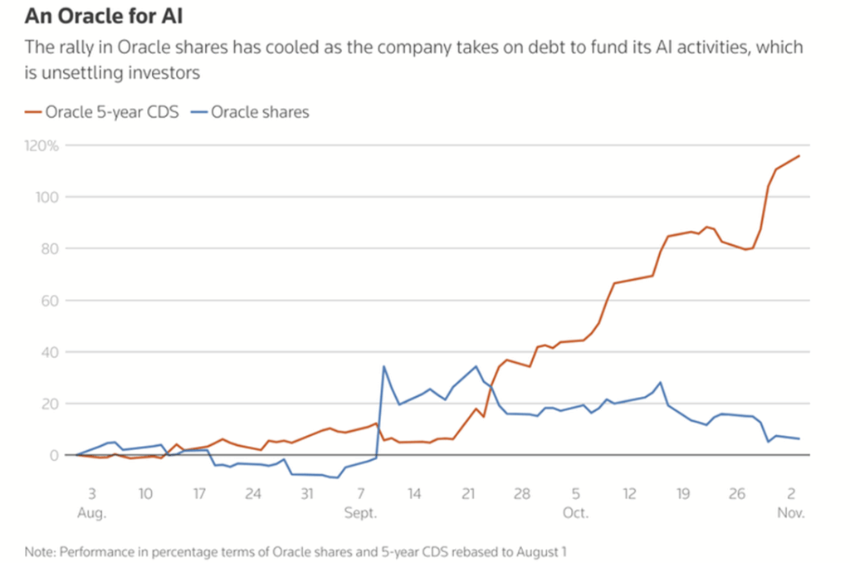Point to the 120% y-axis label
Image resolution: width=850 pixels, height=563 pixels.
tap(42, 145)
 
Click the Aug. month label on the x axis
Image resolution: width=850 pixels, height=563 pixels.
tap(91, 512)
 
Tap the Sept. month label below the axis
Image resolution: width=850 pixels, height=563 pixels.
tap(360, 512)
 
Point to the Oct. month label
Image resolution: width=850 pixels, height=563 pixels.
tap(575, 512)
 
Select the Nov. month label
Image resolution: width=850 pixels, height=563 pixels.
tap(791, 512)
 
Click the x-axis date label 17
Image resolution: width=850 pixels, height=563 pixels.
tap(199, 494)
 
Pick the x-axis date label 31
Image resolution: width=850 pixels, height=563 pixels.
tap(307, 494)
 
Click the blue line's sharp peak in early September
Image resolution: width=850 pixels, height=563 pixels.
tap(383, 366)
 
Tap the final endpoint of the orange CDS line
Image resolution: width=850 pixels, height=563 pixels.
tap(799, 155)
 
